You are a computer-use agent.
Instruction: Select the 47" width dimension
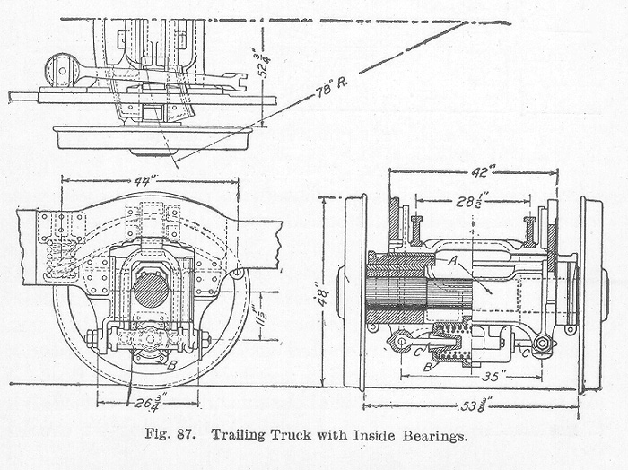(142, 180)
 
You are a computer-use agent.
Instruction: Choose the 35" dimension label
(488, 366)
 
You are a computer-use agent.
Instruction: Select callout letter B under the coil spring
(428, 366)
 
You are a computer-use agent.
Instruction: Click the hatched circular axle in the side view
(151, 288)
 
